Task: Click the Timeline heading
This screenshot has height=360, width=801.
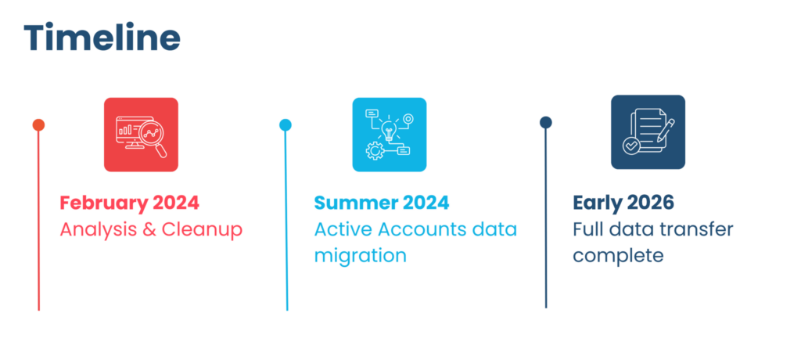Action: pos(102,37)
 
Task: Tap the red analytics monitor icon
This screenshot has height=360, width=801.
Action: pos(141,135)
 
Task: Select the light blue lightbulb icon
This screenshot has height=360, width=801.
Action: pos(389,135)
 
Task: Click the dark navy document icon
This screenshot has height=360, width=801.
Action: pos(648,132)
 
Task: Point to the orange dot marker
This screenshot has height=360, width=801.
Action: pos(38,125)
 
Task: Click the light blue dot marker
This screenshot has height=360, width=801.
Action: pos(286,125)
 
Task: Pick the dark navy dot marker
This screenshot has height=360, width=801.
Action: pos(546,122)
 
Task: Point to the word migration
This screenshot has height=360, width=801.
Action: pos(360,256)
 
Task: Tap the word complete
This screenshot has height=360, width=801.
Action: pos(618,256)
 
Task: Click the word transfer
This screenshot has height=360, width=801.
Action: pos(696,230)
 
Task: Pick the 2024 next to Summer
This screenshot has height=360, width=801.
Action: pos(426,203)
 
